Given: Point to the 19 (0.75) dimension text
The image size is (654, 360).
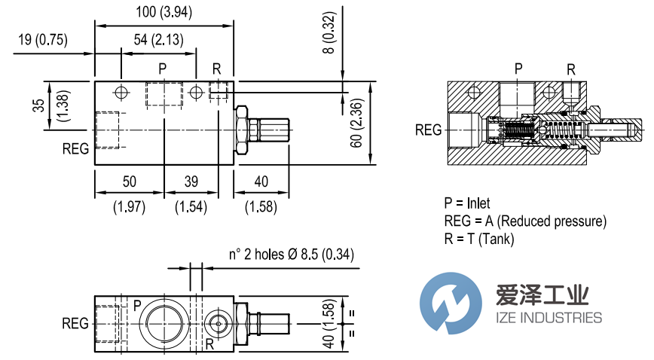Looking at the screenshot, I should click(x=41, y=41).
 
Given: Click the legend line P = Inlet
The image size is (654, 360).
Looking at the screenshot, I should click(x=467, y=203).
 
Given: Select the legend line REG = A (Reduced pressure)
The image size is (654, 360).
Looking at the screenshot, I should click(x=525, y=221).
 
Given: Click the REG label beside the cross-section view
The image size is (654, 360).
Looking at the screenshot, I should click(x=429, y=130).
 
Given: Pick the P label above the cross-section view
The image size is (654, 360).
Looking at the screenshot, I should click(x=518, y=69).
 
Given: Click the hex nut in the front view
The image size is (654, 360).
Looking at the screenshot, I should click(x=242, y=130).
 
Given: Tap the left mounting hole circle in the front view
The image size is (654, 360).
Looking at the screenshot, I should click(x=120, y=93).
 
